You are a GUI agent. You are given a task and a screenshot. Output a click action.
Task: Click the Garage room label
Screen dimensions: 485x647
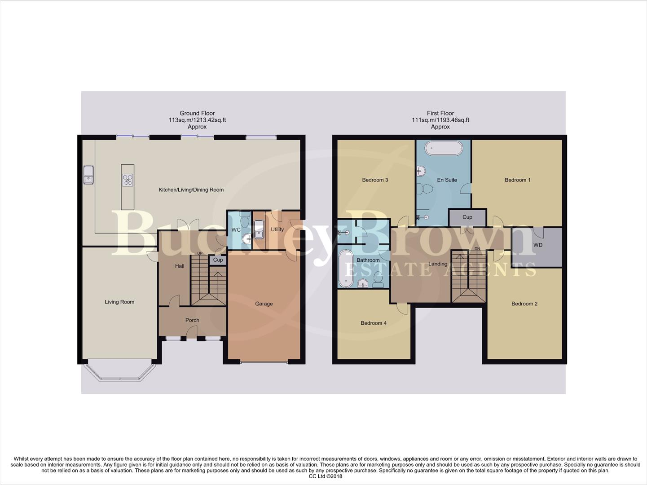pos(264,304)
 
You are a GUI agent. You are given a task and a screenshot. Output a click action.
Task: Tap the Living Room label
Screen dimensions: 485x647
pos(119,302)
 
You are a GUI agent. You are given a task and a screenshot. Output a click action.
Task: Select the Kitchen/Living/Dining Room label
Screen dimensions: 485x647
pos(191,190)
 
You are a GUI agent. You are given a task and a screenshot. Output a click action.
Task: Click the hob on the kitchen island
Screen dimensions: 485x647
pos(128,180)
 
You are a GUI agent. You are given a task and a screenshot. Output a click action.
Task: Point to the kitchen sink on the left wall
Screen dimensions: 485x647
pos(88,175)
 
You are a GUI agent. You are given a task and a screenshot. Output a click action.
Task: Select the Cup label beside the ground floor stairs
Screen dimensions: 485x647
pos(218,260)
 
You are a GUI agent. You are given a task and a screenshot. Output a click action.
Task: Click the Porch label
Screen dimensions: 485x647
pos(192,320)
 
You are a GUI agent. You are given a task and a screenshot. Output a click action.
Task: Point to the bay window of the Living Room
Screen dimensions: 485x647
pos(119,373)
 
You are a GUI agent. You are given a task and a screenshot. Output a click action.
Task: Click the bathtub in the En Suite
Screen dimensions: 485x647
pos(444,148)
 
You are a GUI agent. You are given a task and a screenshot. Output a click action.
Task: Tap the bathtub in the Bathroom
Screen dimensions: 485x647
pos(346,269)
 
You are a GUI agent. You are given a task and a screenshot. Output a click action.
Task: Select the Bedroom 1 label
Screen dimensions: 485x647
pos(517,180)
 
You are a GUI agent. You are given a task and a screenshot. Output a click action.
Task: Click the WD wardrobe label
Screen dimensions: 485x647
pos(537,245)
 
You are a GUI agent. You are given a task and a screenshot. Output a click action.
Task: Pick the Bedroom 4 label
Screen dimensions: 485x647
pos(374,323)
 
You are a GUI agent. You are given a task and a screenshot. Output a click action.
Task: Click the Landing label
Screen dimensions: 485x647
pos(437,264)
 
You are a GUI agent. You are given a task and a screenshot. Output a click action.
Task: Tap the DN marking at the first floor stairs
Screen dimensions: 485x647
pos(477,248)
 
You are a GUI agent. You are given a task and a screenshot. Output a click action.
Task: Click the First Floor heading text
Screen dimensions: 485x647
pos(440,113)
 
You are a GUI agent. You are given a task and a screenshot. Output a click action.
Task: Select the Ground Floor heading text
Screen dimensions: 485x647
pos(197,113)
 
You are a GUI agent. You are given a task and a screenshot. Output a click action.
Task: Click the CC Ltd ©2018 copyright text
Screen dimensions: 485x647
pos(326,476)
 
